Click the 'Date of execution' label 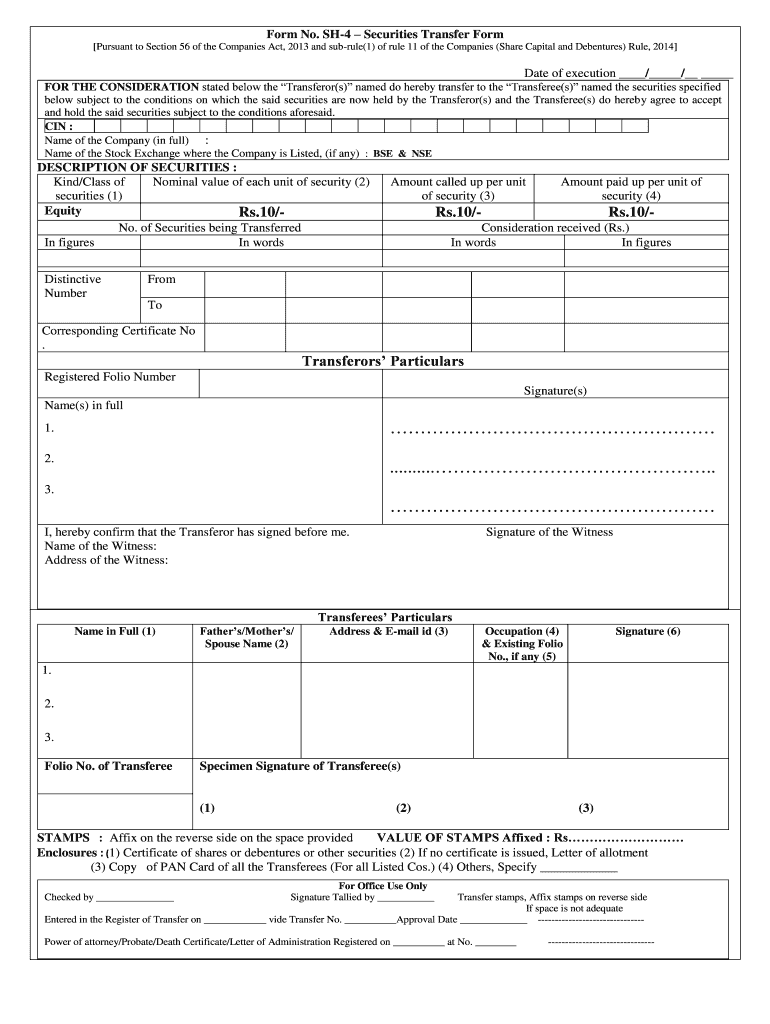click(570, 73)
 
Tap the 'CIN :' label click(59, 127)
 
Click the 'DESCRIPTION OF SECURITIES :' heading click(137, 167)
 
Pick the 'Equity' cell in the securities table click(63, 211)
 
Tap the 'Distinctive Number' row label click(72, 286)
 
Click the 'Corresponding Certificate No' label click(118, 330)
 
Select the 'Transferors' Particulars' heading click(384, 360)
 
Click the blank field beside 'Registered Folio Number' click(290, 383)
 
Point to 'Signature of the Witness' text click(549, 532)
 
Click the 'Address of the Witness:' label click(106, 560)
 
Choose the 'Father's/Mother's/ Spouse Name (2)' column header click(246, 638)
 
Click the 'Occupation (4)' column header click(521, 632)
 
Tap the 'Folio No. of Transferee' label click(108, 766)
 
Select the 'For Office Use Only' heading click(383, 886)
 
